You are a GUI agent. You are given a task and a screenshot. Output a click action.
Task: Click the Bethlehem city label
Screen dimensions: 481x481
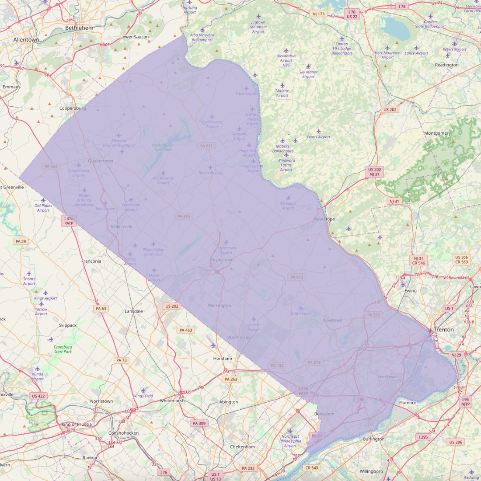(x=79, y=28)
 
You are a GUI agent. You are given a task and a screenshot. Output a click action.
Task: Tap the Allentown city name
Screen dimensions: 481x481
(x=26, y=40)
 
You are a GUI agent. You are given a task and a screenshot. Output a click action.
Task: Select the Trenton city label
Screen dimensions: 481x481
(x=444, y=330)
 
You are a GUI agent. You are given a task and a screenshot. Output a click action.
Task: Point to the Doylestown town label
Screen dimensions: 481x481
(x=222, y=260)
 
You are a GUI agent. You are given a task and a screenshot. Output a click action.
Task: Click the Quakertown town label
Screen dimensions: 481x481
(x=101, y=161)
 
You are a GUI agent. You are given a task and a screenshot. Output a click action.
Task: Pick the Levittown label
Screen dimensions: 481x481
(x=387, y=376)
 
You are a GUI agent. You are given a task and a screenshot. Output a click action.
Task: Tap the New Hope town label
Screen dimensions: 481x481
(x=324, y=219)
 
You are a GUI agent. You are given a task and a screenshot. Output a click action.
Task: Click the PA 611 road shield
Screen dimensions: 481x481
(x=206, y=146)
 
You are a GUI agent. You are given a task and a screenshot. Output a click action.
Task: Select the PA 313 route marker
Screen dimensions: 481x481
(x=184, y=216)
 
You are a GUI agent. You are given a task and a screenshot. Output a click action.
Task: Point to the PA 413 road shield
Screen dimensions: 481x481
(x=296, y=277)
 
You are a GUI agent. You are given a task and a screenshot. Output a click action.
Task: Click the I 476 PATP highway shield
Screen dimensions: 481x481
(x=69, y=221)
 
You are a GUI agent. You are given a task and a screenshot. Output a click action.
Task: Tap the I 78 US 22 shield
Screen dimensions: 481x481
(x=352, y=14)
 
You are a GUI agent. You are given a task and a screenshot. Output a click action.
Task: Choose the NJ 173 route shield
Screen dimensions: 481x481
(x=318, y=14)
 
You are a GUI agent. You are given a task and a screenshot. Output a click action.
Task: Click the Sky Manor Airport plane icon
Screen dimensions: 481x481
(x=308, y=66)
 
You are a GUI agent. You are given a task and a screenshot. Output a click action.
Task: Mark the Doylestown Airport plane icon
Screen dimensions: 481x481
(x=226, y=242)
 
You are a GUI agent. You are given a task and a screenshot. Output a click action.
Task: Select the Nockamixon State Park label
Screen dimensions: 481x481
(x=163, y=147)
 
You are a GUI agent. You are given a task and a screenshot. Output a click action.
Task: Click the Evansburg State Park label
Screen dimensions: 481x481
(x=63, y=349)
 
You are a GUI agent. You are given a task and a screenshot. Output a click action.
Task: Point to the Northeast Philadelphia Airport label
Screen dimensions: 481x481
(x=290, y=441)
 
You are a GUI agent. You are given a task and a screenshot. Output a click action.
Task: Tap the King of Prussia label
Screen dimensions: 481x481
(x=77, y=425)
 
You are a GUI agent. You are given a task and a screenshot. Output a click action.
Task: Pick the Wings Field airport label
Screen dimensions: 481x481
(x=143, y=396)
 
